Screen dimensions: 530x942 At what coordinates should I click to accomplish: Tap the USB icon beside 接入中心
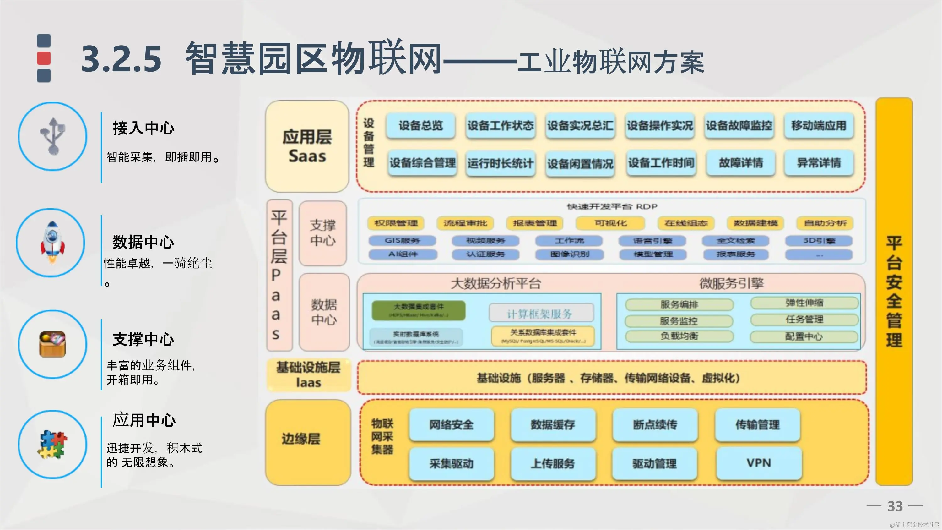(53, 136)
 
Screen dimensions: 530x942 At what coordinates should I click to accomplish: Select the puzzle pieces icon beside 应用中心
(52, 445)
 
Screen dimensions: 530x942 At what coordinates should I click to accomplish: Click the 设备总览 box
(420, 125)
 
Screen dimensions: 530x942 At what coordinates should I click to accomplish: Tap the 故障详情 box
(740, 163)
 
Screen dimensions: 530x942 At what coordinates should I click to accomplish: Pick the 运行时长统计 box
(500, 163)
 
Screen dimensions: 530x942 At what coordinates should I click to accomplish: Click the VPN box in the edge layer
(759, 463)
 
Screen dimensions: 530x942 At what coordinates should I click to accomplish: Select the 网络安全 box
(451, 425)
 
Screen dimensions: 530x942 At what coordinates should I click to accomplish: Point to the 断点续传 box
(655, 425)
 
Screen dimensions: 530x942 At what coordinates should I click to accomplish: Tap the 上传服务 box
(553, 463)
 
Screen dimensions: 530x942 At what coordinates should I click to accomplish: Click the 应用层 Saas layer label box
(307, 146)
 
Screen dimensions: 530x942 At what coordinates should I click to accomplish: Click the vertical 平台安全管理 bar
(894, 291)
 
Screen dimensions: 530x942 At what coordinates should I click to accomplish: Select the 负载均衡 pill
(679, 336)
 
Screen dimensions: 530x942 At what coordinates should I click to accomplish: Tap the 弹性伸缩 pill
(804, 303)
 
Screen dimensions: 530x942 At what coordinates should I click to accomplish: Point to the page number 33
(895, 506)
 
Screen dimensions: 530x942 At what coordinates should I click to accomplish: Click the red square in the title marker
(44, 58)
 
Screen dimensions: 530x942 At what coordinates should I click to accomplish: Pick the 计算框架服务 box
(541, 314)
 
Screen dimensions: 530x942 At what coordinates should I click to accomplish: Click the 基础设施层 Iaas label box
(308, 375)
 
